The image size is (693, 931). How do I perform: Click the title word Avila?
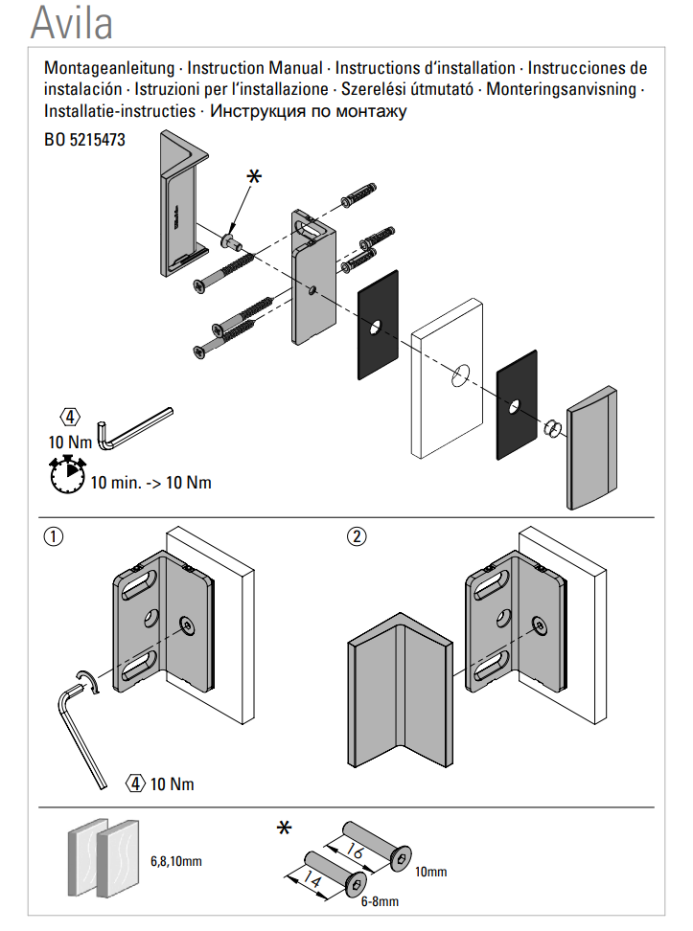tap(71, 24)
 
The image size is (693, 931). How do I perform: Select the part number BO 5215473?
tap(84, 140)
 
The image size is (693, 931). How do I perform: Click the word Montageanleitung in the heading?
tap(109, 68)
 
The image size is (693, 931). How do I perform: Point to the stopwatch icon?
tap(67, 474)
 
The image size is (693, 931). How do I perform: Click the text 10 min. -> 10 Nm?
tap(150, 482)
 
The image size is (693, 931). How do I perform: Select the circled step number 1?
tap(54, 537)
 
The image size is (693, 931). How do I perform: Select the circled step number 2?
tap(357, 536)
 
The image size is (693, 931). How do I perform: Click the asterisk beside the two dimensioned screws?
tap(284, 828)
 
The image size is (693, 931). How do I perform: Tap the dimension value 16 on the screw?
tap(355, 851)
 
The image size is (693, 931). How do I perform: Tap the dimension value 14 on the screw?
tap(312, 878)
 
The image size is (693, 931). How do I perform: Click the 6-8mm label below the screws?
tap(380, 901)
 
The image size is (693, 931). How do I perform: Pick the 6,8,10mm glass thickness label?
tap(176, 861)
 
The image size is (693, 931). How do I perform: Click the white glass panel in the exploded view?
tap(447, 378)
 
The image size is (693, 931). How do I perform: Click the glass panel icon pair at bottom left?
tap(104, 858)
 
